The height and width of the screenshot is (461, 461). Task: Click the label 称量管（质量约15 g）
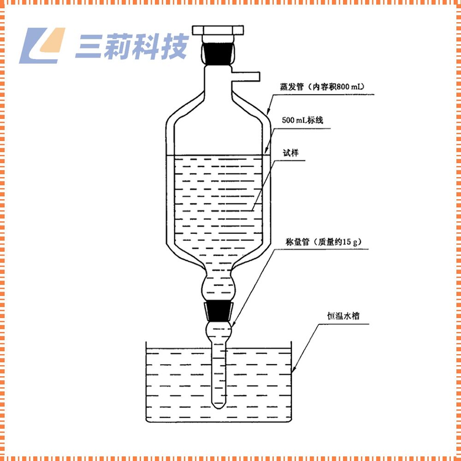(x=322, y=241)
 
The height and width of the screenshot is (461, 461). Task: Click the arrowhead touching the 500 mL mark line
(x=267, y=152)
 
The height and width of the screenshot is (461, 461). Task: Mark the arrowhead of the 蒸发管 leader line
(x=268, y=112)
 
